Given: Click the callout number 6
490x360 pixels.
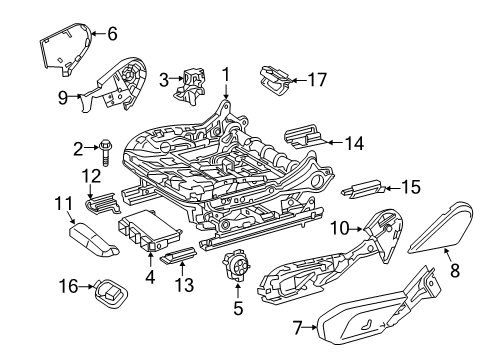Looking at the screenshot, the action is pyautogui.click(x=112, y=34).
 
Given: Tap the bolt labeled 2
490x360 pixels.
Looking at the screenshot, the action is pyautogui.click(x=105, y=152).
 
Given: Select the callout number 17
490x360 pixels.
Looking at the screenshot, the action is pyautogui.click(x=317, y=80).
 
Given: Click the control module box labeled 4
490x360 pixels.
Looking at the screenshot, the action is pyautogui.click(x=150, y=230).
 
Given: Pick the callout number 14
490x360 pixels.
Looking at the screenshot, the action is pyautogui.click(x=354, y=144).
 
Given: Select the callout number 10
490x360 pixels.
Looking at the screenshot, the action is pyautogui.click(x=340, y=229).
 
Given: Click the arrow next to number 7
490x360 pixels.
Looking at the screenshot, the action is pyautogui.click(x=311, y=327).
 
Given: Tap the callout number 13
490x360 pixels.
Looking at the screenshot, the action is pyautogui.click(x=184, y=285).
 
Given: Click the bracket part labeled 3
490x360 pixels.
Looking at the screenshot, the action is pyautogui.click(x=189, y=85).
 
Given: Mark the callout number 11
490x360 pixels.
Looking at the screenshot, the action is pyautogui.click(x=63, y=203).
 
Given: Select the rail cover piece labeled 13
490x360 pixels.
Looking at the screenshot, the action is pyautogui.click(x=179, y=255).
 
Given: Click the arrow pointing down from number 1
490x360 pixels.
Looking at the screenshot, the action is pyautogui.click(x=226, y=91).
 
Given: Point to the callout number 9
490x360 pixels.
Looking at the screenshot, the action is pyautogui.click(x=63, y=98).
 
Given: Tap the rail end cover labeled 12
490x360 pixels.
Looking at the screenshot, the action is pyautogui.click(x=103, y=202).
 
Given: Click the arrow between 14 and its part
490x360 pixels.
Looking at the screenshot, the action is pyautogui.click(x=335, y=143).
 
